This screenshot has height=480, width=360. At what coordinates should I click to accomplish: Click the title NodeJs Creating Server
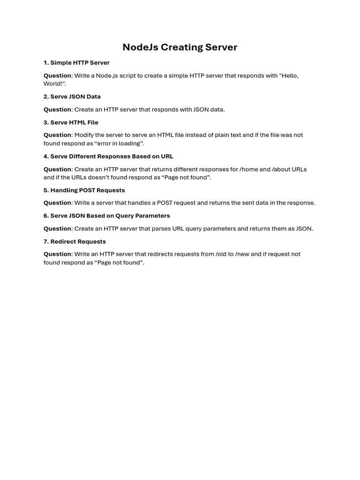[180, 47]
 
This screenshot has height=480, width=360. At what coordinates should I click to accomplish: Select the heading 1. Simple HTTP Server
[76, 63]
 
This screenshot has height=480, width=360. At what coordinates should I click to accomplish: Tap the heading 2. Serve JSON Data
[72, 97]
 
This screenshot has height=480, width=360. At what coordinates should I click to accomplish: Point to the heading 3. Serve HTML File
[71, 122]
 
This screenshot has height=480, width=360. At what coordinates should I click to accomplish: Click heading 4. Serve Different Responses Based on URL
[108, 157]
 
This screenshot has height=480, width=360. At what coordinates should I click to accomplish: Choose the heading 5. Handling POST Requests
[84, 190]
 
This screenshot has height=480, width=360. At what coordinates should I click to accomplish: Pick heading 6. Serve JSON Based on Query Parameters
[107, 216]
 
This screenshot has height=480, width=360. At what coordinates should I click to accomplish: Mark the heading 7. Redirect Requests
[75, 241]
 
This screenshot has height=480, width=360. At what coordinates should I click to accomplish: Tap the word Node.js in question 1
[107, 75]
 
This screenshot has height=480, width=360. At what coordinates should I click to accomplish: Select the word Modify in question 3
[84, 135]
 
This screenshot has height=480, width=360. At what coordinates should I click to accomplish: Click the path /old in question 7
[221, 254]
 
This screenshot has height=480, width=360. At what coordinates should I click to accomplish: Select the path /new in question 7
[242, 254]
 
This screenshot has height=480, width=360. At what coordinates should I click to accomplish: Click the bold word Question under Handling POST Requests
[57, 203]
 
